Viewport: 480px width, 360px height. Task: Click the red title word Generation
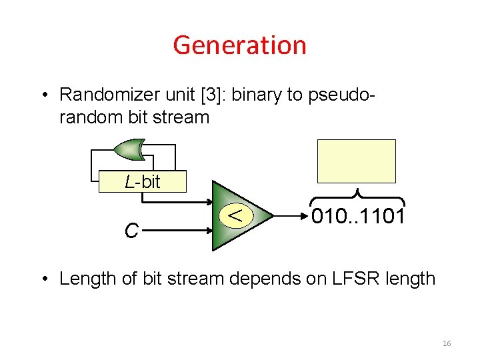coord(239,45)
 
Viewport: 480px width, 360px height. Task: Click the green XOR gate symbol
coord(129,150)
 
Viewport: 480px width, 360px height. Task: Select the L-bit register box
coord(143,182)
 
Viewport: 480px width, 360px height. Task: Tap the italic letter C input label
coord(131,231)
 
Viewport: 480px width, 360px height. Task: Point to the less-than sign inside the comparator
coord(232,214)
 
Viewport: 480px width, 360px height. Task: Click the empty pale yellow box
coord(356,161)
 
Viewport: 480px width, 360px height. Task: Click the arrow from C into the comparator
coord(176,231)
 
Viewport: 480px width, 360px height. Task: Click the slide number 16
coord(447,343)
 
